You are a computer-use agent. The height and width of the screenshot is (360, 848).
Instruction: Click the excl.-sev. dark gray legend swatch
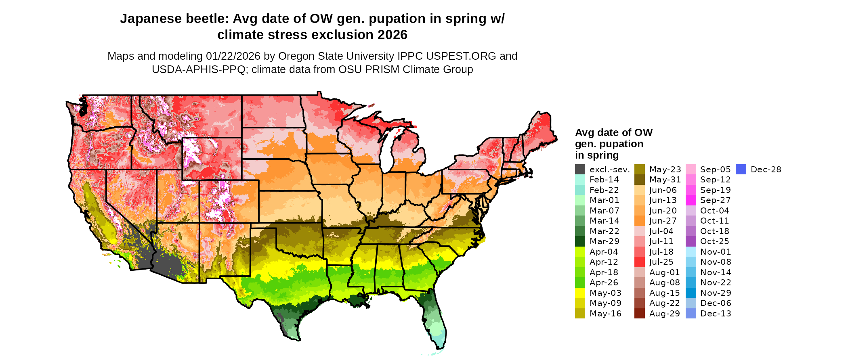point(580,170)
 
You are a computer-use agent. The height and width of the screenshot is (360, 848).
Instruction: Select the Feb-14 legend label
point(604,180)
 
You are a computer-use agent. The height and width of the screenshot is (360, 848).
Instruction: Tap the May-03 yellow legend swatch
point(580,293)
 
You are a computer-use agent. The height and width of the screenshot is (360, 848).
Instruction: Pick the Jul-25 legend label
point(661,262)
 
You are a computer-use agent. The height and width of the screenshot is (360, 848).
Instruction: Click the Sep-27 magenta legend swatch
point(691,200)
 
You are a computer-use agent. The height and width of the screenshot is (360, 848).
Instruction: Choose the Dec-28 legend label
point(766,170)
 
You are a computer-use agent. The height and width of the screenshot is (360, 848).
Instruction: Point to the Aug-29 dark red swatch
point(639,314)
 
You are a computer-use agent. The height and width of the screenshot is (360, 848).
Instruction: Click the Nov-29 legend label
point(716,293)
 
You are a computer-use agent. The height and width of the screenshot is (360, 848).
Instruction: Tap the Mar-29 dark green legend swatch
point(580,241)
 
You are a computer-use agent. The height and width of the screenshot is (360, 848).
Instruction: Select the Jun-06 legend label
point(663,190)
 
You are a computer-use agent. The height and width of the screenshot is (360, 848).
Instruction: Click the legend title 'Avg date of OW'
point(613,133)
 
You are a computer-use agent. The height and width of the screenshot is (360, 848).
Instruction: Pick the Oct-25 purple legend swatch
point(691,241)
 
